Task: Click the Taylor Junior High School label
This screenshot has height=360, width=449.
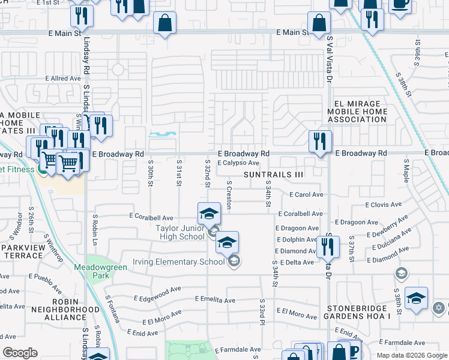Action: click(179, 232)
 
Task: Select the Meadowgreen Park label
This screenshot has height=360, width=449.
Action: click(101, 271)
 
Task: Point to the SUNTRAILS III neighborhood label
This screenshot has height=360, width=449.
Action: click(273, 174)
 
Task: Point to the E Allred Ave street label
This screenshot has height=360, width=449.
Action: click(63, 79)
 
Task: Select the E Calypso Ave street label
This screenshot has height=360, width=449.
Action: click(238, 163)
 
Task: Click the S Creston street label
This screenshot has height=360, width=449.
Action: click(229, 193)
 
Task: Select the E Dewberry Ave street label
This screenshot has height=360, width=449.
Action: click(390, 226)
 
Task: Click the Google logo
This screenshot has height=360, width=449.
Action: click(20, 353)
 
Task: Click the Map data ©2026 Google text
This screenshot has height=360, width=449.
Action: click(411, 355)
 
